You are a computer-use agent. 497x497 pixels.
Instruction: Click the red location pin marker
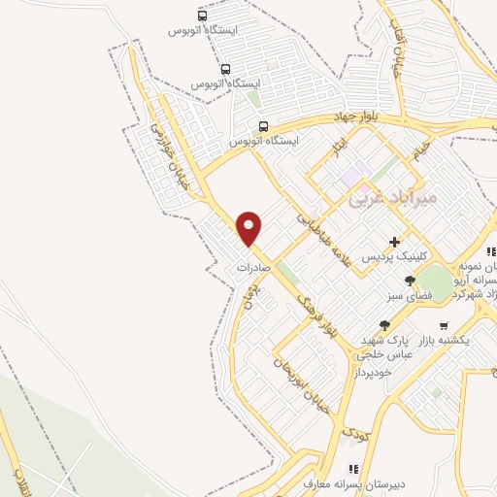click(249, 228)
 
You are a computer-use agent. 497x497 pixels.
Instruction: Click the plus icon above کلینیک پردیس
click(394, 242)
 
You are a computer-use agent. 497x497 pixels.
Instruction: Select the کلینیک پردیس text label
click(386, 258)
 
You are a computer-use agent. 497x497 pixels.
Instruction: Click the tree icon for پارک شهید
click(385, 325)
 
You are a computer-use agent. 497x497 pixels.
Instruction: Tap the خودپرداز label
click(374, 372)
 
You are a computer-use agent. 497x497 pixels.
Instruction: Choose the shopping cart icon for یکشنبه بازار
click(444, 325)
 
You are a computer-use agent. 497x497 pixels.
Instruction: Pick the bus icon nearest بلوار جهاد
click(263, 126)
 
